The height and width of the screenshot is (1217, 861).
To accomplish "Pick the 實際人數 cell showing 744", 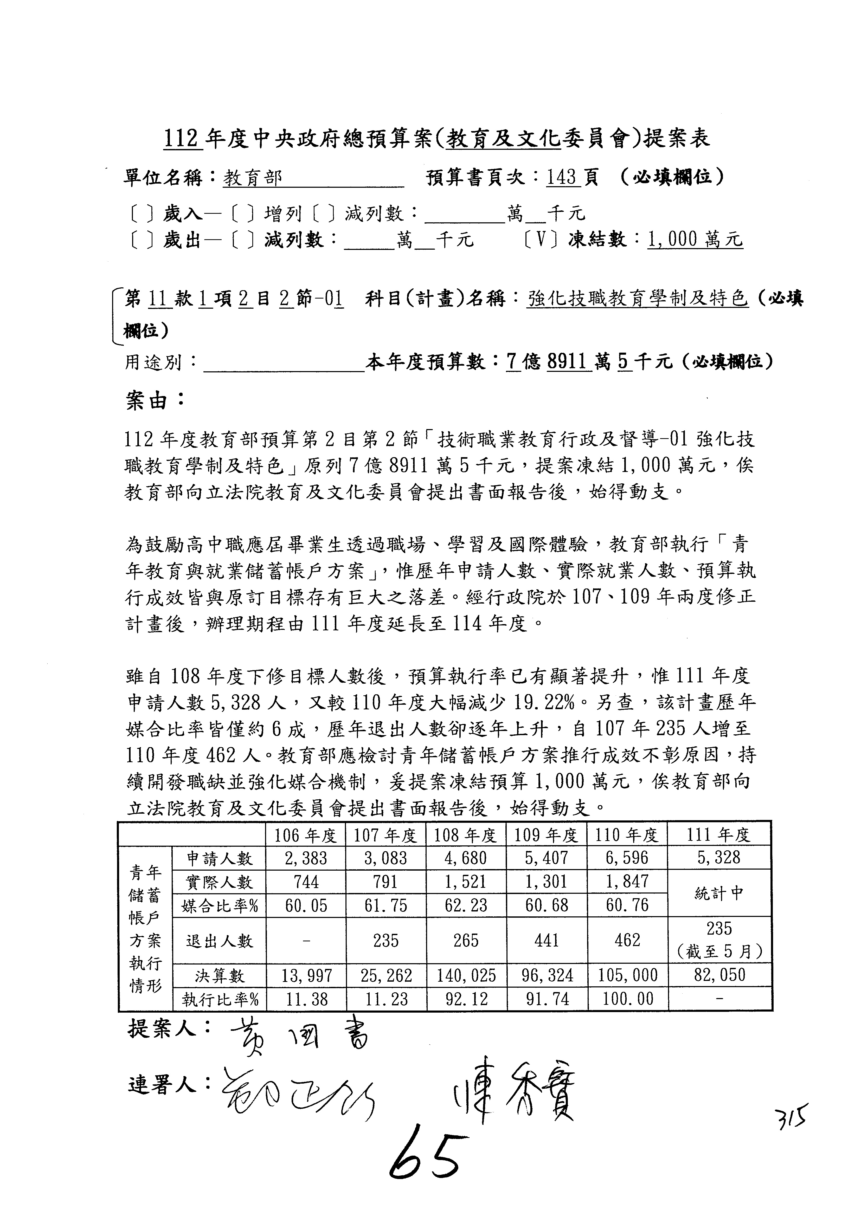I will tap(306, 882).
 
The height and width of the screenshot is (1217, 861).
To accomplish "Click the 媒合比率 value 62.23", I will tap(466, 905).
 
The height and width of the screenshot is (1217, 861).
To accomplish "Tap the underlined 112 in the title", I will tap(181, 139).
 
